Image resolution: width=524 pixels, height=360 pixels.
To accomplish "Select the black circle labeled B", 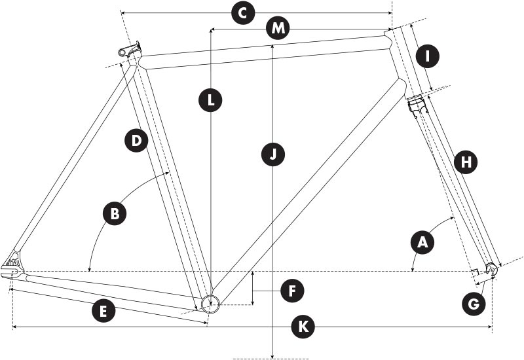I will (x=115, y=214).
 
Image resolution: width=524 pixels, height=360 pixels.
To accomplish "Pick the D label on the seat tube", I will (x=136, y=140).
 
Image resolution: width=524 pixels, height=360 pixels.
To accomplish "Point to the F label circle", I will (x=291, y=290).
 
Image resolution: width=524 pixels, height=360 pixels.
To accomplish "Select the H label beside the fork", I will (x=466, y=162).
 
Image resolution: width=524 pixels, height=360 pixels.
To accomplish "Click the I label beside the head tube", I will (x=427, y=56).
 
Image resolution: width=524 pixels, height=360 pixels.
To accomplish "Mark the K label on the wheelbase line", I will (x=303, y=326).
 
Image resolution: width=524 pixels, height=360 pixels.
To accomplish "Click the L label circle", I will (x=211, y=101).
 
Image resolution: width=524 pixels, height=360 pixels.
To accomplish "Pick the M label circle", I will (x=279, y=29).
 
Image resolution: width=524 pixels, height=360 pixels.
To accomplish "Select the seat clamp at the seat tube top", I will (x=130, y=49).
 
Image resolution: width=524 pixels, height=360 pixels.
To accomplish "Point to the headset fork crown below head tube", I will (x=417, y=103).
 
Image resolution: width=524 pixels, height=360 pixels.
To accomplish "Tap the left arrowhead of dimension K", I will (x=14, y=326).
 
